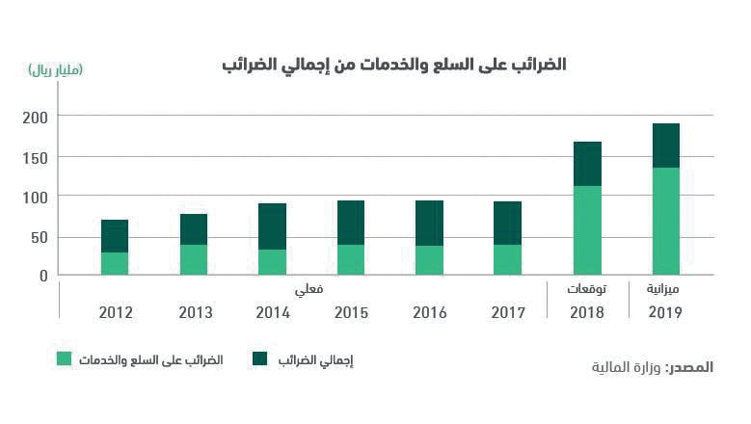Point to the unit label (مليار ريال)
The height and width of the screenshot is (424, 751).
tap(57, 69)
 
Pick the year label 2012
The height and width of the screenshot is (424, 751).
tap(116, 313)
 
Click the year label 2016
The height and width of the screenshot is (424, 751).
tap(429, 313)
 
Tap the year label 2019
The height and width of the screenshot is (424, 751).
tap(665, 313)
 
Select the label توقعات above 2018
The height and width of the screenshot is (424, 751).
tap(587, 289)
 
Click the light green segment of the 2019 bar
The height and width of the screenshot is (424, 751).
tap(666, 222)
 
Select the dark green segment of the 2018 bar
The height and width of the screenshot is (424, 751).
tap(587, 164)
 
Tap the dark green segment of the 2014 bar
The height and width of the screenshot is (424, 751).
tap(272, 226)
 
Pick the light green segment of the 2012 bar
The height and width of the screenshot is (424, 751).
tap(115, 264)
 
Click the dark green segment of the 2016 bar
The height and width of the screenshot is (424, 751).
tap(429, 223)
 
